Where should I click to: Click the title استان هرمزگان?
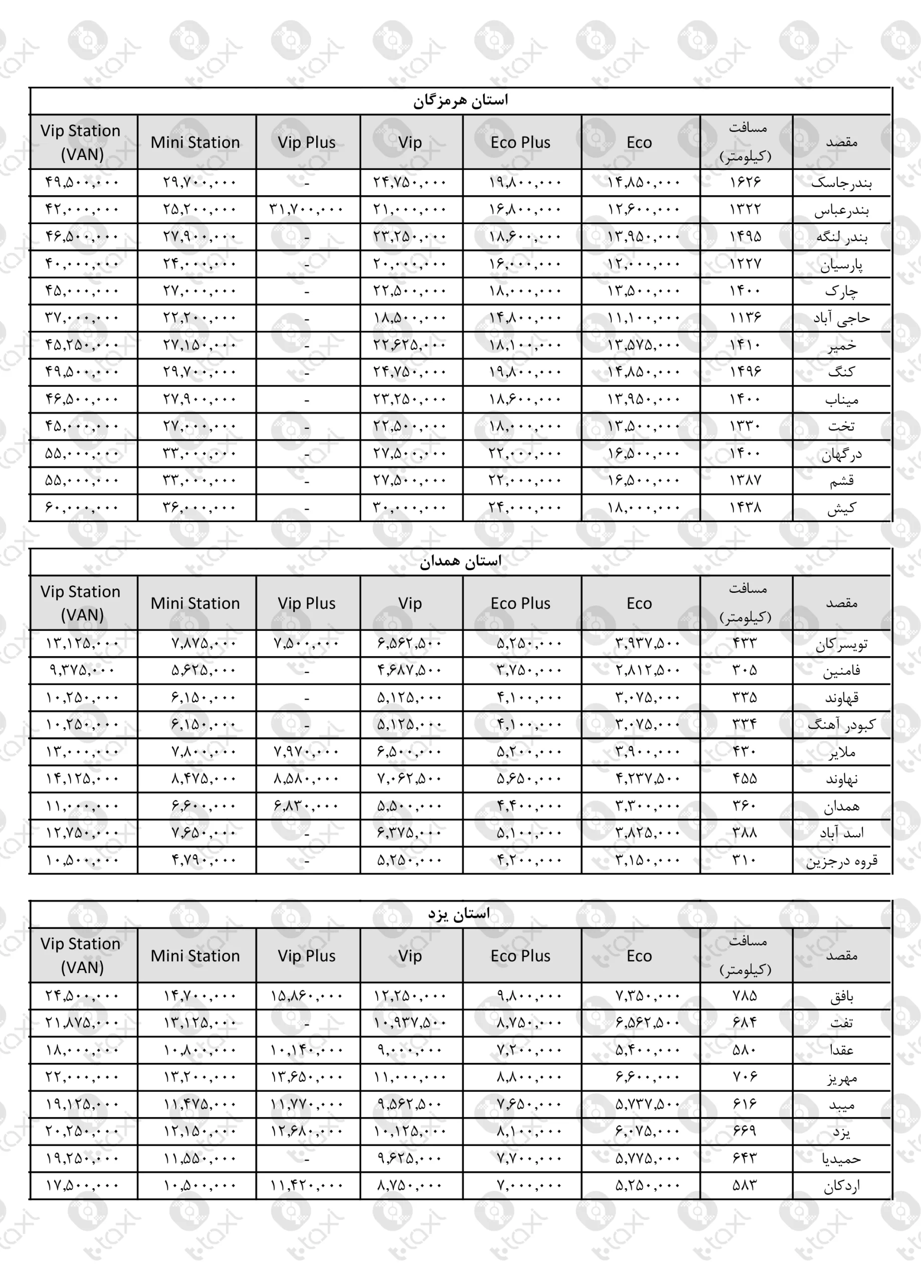460,101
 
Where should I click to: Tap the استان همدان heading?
460,562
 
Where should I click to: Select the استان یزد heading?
459,914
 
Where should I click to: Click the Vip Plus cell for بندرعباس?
307,210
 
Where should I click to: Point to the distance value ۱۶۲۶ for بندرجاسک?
745,182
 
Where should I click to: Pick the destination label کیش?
841,508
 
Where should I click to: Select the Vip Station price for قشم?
82,480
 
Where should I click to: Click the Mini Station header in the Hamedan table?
195,603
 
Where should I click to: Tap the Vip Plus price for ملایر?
307,752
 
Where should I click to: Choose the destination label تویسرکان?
841,644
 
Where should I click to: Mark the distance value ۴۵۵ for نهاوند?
745,779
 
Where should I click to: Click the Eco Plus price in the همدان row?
529,806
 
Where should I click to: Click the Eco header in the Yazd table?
639,955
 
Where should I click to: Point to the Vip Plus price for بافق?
307,996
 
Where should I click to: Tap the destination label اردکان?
841,1186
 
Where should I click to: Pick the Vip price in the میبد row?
410,1104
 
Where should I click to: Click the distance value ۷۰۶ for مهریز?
745,1077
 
